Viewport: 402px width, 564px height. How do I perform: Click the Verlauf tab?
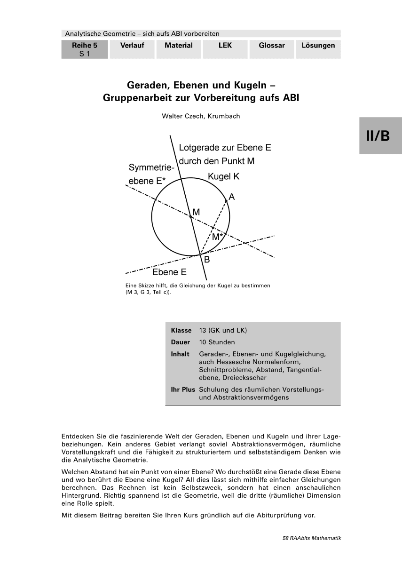132,46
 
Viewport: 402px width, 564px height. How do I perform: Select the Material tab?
179,46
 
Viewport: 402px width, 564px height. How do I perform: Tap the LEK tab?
225,46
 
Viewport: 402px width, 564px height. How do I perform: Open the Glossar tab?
272,46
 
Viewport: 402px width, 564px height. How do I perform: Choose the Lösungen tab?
318,46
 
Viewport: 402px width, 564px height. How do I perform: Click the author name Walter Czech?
201,116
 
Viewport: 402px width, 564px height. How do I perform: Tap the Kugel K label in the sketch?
224,177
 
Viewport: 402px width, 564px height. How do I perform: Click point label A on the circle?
232,196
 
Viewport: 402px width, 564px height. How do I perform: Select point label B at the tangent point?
207,259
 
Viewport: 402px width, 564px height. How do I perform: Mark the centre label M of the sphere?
196,212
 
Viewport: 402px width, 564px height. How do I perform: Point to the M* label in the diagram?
217,237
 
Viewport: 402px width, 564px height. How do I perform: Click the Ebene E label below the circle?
169,272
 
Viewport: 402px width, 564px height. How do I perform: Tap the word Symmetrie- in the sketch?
151,168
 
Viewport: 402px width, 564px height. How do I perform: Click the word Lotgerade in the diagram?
197,148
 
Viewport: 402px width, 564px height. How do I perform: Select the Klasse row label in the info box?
181,330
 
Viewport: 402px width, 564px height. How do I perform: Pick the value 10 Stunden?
217,342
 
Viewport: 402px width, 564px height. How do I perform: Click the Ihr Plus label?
183,389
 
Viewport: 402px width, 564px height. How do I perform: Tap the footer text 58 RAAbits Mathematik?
311,538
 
